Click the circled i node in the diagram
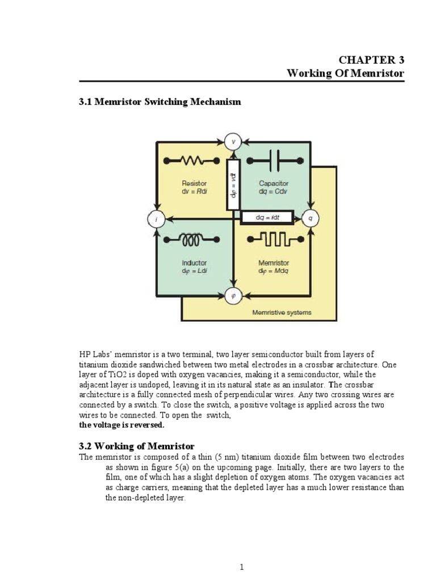(156, 218)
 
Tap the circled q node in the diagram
(310, 218)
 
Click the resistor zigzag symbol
(194, 160)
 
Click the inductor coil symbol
(194, 241)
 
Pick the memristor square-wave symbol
(273, 240)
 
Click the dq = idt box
(267, 217)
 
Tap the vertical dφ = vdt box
(233, 184)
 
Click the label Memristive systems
(282, 313)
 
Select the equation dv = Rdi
(194, 191)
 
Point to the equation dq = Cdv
(274, 191)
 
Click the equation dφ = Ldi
(194, 271)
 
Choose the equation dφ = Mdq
(274, 271)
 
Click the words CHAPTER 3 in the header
(371, 60)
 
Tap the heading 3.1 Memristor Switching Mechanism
(160, 102)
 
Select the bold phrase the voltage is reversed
(121, 424)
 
